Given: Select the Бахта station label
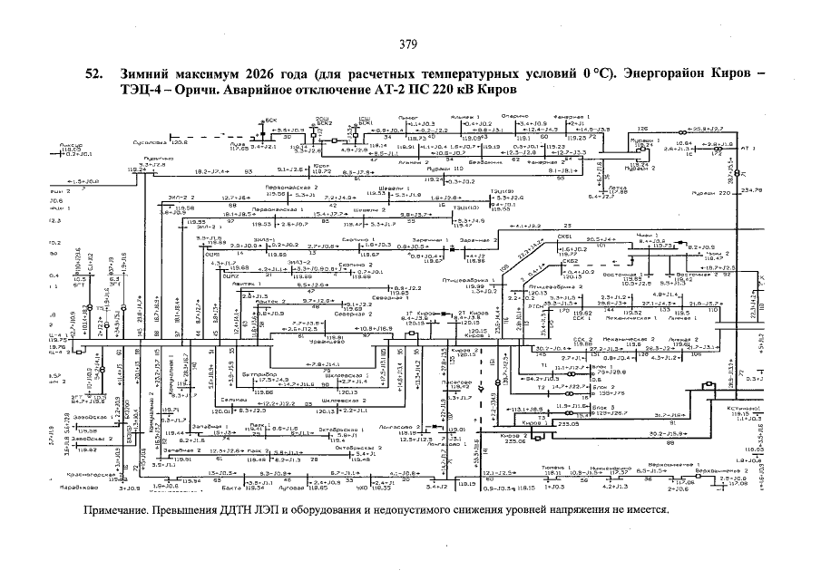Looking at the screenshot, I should (x=233, y=488).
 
